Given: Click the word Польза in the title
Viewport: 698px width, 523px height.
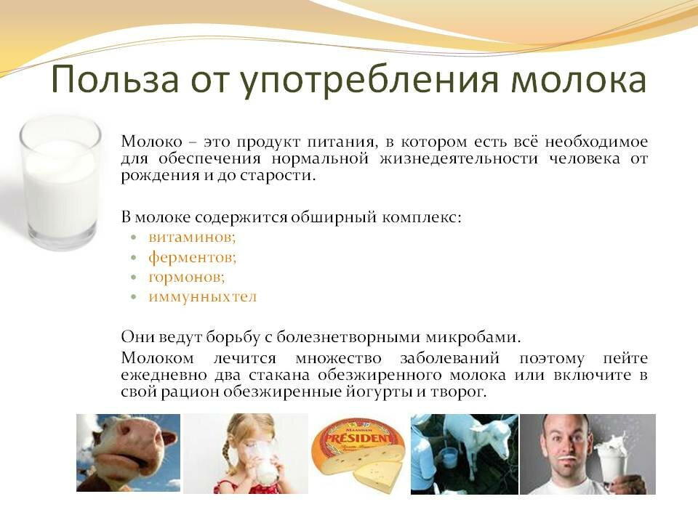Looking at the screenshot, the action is point(116,78).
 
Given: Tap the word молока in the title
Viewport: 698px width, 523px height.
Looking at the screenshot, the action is point(578,80).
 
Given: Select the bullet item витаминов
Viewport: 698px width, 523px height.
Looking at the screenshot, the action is point(192,237).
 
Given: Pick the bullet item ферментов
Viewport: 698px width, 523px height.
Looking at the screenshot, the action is point(192,257).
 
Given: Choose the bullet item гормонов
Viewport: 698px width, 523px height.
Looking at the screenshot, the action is point(187,277).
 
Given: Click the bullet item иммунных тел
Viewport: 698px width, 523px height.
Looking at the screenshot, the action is point(203,296).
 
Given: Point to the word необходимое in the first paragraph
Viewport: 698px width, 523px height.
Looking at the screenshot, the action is point(596,142).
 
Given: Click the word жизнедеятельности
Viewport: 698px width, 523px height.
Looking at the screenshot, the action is point(459,159).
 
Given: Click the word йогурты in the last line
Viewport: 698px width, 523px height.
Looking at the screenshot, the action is point(380,392).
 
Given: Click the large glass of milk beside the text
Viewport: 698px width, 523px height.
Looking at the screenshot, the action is point(60,182).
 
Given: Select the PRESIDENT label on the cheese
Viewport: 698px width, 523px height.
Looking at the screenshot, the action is point(358,438).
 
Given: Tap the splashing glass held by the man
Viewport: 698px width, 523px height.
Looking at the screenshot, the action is point(611,458).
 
